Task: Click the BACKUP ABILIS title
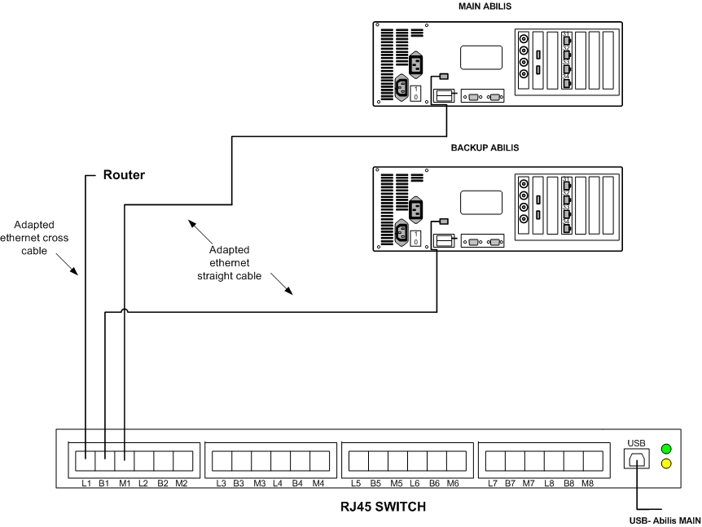[x=485, y=149]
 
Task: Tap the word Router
[x=123, y=175]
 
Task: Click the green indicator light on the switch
[x=667, y=448]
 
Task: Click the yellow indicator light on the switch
[x=667, y=464]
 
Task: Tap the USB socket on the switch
[x=635, y=459]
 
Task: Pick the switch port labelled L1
[x=86, y=461]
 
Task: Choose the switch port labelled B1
[x=105, y=461]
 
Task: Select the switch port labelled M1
[x=124, y=461]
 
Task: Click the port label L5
[x=356, y=484]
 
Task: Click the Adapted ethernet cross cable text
[x=42, y=235]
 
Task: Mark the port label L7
[x=493, y=484]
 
